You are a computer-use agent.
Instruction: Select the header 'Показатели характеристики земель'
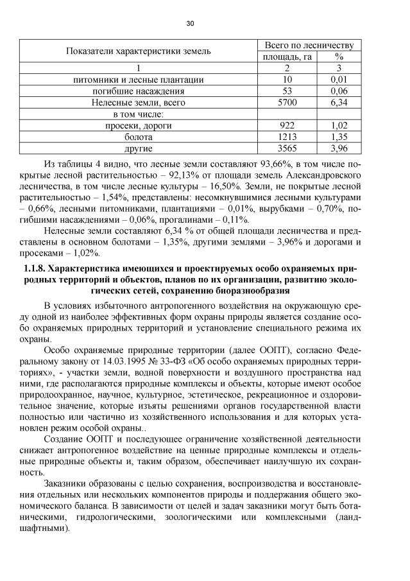139,51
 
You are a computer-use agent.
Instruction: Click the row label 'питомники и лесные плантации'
139,80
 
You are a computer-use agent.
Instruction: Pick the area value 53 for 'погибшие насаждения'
287,91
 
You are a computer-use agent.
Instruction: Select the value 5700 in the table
287,102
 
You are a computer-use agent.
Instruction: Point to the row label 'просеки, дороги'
139,125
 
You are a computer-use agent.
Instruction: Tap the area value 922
287,125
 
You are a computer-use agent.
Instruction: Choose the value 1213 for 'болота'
287,137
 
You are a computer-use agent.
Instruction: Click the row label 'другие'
139,148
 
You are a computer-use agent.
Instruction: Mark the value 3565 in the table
287,148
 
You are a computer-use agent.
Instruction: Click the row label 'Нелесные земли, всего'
139,102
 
